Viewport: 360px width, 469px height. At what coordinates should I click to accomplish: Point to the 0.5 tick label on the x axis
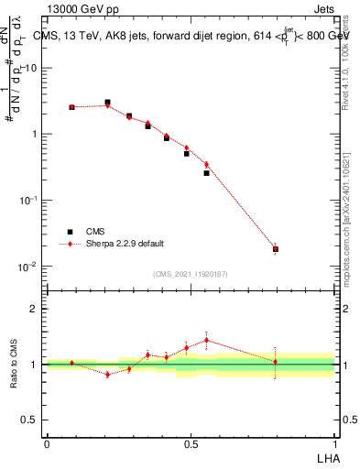tap(191, 443)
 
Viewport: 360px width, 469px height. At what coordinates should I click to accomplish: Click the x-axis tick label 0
tap(47, 443)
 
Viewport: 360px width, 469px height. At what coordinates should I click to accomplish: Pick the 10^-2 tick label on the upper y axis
tap(28, 267)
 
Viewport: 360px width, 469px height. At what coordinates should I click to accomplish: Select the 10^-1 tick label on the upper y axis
tap(28, 201)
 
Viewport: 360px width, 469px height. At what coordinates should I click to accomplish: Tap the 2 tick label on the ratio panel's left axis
tap(34, 309)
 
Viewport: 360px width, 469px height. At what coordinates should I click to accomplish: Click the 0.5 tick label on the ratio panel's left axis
tap(30, 420)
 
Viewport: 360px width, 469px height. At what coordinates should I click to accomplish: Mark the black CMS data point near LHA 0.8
tap(276, 249)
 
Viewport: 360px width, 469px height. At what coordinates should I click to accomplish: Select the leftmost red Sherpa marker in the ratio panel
tap(71, 363)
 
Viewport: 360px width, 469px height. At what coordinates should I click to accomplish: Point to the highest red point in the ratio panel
tap(206, 340)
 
